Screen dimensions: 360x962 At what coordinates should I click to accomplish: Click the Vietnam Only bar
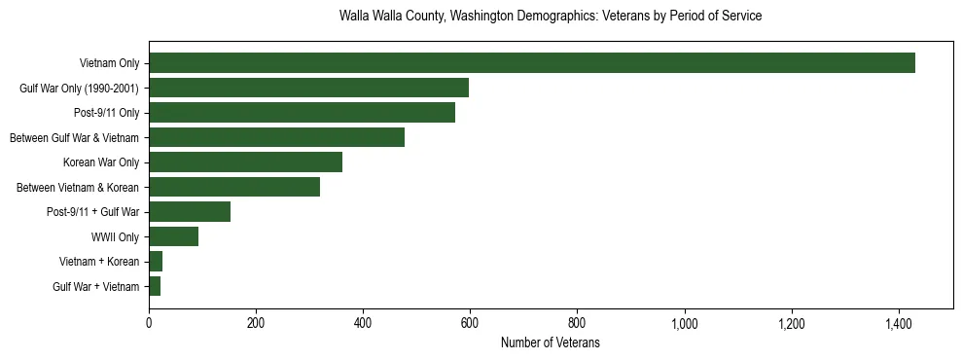click(531, 63)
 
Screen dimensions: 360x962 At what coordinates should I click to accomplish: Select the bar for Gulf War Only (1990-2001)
click(308, 89)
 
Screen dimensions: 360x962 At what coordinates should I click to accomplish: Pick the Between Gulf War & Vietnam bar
click(276, 137)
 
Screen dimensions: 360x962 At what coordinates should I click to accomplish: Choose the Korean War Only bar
click(245, 162)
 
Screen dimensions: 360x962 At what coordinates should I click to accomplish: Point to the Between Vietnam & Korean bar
click(234, 187)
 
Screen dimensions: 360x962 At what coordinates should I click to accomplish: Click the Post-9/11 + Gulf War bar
click(190, 212)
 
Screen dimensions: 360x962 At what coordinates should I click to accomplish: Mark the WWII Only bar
click(173, 236)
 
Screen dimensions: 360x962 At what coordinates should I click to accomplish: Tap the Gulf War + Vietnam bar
click(155, 286)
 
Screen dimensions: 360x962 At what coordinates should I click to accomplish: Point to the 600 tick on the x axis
click(470, 322)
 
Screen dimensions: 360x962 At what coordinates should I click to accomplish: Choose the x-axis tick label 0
click(149, 322)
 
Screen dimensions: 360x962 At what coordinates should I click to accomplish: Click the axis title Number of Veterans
click(550, 342)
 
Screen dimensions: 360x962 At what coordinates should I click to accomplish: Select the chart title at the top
click(550, 17)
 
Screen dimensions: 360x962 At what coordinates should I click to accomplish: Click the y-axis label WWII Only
click(115, 236)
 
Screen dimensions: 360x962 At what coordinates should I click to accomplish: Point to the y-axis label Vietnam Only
click(109, 63)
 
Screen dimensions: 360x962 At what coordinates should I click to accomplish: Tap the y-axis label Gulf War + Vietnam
click(95, 286)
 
